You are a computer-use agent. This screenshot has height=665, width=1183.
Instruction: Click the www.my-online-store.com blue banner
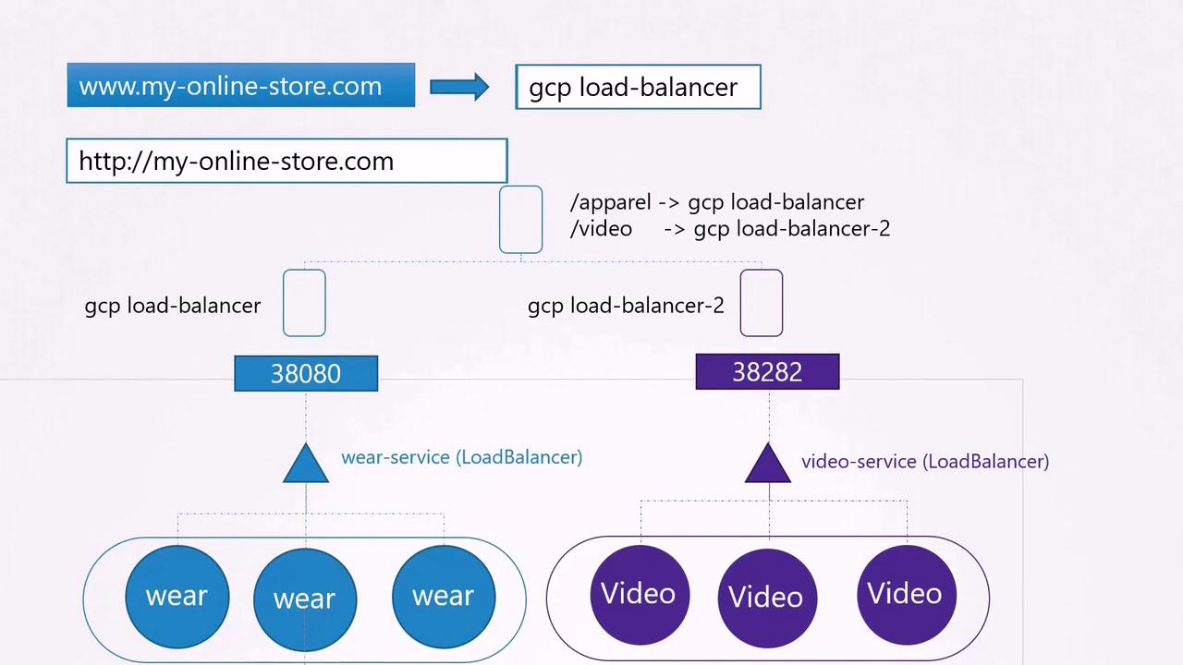tap(240, 85)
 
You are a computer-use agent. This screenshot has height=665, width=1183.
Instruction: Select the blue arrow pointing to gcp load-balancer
tap(459, 87)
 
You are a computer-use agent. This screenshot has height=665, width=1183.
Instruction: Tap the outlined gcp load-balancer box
tap(638, 87)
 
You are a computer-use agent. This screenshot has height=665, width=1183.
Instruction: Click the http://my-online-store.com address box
tap(287, 161)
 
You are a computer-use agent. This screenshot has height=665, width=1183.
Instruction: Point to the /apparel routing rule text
tap(717, 202)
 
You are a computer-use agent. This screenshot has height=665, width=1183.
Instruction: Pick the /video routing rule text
tap(730, 228)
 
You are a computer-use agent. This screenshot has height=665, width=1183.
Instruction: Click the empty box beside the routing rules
tap(520, 219)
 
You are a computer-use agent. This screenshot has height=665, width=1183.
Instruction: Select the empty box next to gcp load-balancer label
tap(304, 303)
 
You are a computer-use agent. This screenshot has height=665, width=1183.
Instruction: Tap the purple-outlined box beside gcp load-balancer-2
tap(761, 303)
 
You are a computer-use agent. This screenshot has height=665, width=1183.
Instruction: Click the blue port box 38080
tap(306, 373)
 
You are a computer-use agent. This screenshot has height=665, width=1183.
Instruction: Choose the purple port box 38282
tap(767, 371)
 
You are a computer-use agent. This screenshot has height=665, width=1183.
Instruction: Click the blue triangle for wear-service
tap(306, 465)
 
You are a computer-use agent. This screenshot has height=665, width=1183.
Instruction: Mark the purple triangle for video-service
tap(767, 465)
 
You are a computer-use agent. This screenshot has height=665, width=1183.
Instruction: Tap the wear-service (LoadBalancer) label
tap(461, 457)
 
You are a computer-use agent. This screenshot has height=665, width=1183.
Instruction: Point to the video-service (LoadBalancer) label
tap(925, 462)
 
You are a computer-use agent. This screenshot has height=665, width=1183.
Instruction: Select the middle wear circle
tap(304, 598)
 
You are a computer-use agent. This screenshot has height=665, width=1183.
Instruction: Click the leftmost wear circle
tap(177, 596)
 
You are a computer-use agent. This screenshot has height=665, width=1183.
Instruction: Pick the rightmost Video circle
tap(906, 593)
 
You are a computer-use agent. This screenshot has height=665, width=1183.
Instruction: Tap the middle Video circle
tap(766, 597)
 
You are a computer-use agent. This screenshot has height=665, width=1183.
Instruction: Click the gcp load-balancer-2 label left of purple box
tap(626, 306)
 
